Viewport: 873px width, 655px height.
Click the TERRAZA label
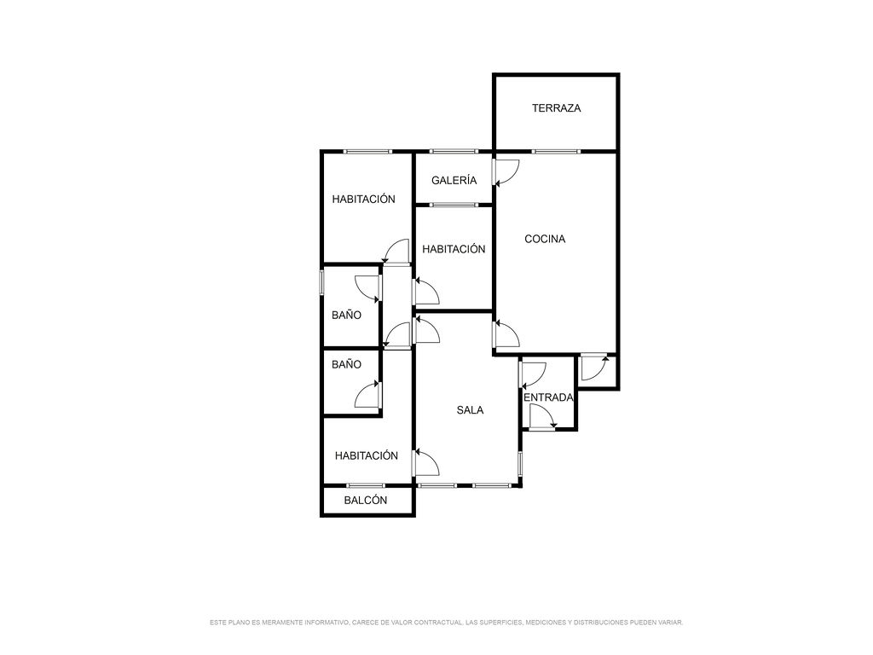pos(556,108)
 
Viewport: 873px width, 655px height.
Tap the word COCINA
pos(545,239)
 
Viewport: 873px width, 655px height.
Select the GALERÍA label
pos(454,180)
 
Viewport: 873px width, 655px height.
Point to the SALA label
pos(470,410)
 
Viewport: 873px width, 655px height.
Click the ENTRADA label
pos(548,397)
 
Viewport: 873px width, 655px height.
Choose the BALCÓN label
pos(365,500)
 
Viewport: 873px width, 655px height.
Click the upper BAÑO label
pos(346,316)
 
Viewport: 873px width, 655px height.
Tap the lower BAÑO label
pos(346,365)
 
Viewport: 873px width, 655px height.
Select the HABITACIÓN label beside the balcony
pos(367,455)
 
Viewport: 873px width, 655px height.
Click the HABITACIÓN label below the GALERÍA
pos(454,249)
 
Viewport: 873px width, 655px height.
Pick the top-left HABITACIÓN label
pos(363,199)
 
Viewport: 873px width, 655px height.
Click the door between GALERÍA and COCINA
pos(506,172)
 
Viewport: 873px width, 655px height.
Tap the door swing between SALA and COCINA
pos(506,333)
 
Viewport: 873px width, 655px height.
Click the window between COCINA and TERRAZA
pos(556,151)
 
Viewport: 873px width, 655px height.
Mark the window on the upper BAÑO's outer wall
pos(321,282)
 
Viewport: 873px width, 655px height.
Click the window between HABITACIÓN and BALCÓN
pos(366,485)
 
